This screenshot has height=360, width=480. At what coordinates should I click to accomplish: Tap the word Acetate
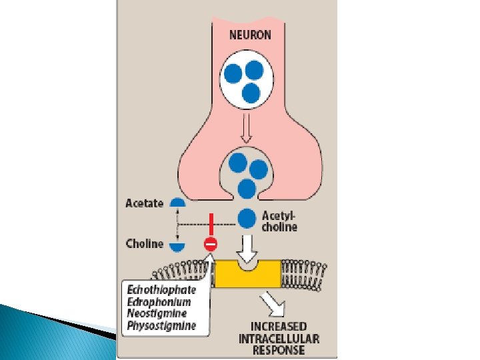click(144, 203)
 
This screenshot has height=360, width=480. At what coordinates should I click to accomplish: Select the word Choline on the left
click(144, 243)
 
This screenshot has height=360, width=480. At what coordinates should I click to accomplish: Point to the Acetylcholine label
click(280, 221)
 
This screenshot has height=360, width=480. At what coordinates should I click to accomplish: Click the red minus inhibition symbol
click(210, 245)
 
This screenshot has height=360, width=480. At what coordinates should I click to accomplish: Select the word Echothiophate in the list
click(162, 290)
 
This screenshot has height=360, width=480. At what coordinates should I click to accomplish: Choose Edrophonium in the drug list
click(160, 302)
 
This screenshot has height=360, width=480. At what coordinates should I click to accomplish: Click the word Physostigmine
click(162, 326)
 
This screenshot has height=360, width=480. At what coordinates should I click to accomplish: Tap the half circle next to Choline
click(177, 246)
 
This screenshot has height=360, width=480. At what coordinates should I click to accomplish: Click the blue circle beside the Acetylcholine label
click(247, 218)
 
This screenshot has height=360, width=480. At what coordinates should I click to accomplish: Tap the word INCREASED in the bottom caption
click(279, 326)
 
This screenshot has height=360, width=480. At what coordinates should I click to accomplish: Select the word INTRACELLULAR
click(279, 338)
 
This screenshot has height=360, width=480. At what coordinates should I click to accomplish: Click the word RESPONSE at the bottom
click(279, 349)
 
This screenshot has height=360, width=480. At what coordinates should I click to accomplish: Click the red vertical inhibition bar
click(210, 224)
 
